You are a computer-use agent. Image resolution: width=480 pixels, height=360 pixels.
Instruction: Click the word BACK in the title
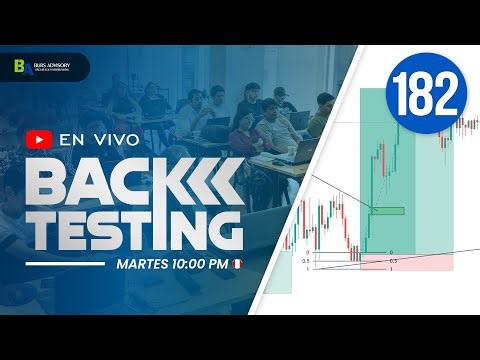[x=95, y=182]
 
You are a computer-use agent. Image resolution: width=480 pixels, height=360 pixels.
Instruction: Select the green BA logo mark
[x=19, y=67]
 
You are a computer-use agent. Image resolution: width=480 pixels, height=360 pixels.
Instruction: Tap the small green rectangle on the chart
[x=388, y=210]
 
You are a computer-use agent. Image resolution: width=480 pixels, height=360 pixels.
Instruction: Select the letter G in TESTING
[x=221, y=227]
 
